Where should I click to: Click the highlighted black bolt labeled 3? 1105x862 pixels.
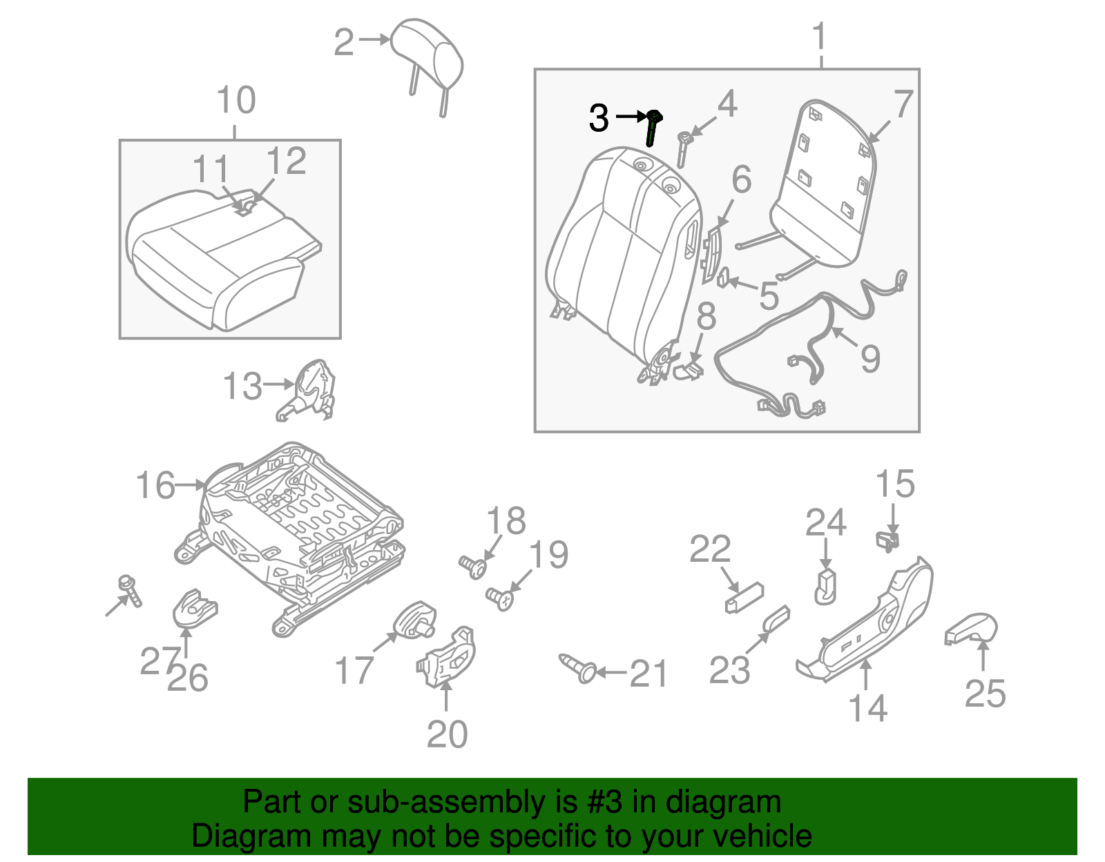[x=652, y=128]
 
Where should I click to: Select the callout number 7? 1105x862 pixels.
[x=903, y=105]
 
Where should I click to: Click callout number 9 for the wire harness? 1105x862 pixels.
[x=869, y=359]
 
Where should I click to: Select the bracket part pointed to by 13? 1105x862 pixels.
[x=311, y=390]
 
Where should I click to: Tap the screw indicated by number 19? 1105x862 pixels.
[x=499, y=598]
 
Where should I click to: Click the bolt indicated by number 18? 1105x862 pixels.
[x=474, y=567]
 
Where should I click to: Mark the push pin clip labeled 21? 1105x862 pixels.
[x=579, y=668]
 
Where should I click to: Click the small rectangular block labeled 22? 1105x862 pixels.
[x=744, y=597]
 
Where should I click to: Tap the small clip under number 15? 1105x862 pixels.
[x=889, y=540]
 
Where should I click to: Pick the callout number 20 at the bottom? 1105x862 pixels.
[x=447, y=734]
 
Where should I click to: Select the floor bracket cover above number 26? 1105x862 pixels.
[x=193, y=609]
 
